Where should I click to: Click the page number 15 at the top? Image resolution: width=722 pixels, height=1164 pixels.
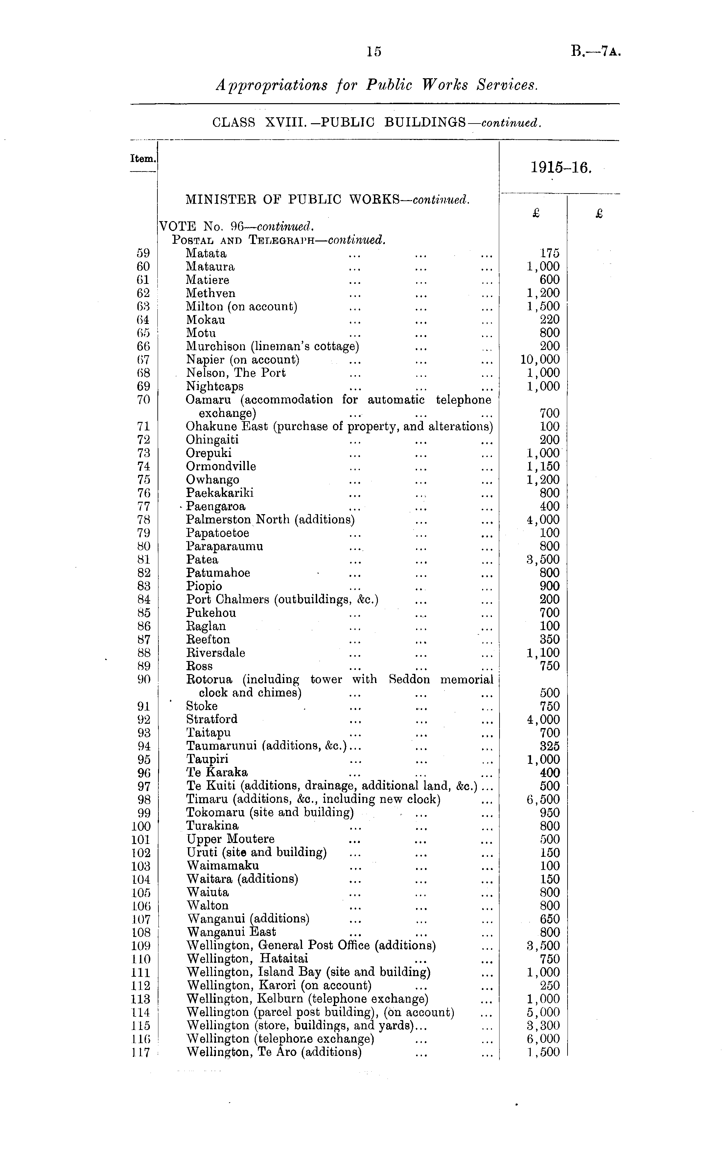point(374,52)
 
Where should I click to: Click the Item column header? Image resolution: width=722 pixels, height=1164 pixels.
point(143,158)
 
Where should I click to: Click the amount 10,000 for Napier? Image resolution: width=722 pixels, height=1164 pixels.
point(540,359)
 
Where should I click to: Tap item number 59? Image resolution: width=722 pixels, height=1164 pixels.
point(143,253)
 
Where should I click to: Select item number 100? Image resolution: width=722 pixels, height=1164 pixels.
point(141,826)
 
